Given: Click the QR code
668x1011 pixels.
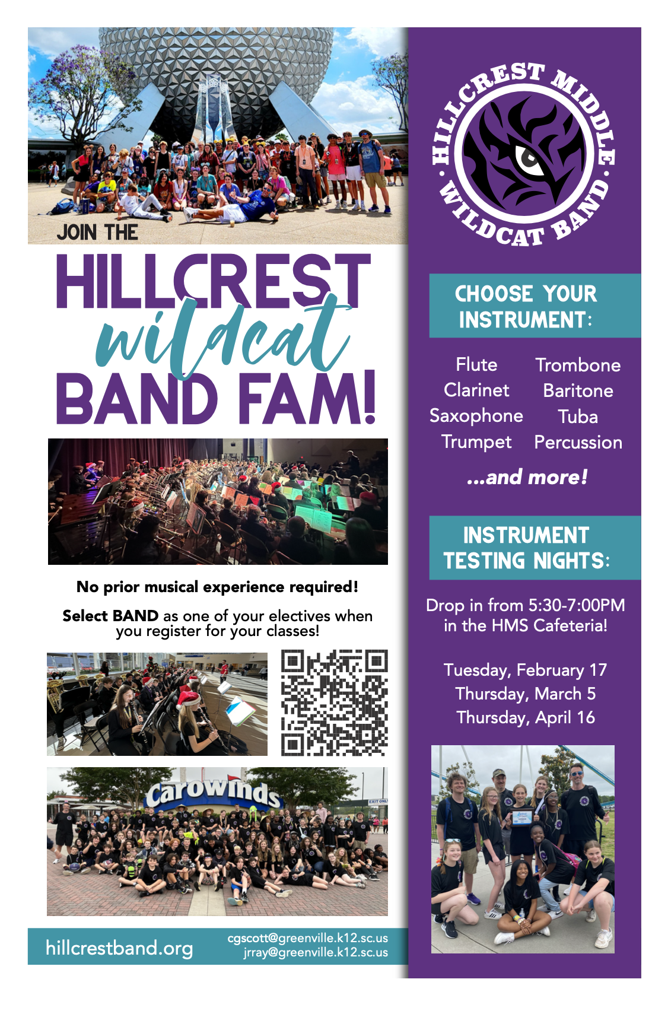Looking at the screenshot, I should point(334,702).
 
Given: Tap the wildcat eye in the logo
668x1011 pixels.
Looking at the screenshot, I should point(527,158).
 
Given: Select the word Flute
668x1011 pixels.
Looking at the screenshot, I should point(476,364).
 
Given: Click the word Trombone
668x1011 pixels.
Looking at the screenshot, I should point(578,365).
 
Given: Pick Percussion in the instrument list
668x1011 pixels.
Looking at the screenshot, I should point(578,442).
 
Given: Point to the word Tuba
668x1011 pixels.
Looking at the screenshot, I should point(578,417).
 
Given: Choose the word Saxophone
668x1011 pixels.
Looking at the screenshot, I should point(476,416).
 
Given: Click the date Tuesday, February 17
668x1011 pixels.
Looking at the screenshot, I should point(525,670).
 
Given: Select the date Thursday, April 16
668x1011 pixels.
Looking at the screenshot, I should point(525,717).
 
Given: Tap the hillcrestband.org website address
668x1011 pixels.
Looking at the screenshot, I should point(119,948).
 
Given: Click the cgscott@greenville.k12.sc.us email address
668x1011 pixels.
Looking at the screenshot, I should point(307,938).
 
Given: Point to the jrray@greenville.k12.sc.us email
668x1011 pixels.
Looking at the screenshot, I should point(315,952).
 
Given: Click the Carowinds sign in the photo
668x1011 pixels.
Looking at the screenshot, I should point(212,792).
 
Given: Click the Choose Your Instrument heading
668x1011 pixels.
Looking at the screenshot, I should point(526,306).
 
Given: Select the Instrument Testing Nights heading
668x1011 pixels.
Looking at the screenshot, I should point(526,548).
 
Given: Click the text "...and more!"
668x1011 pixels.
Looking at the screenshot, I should point(527,477).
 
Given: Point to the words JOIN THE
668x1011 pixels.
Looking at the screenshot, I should point(97,232).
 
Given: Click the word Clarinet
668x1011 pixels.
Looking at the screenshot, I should point(476,390).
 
